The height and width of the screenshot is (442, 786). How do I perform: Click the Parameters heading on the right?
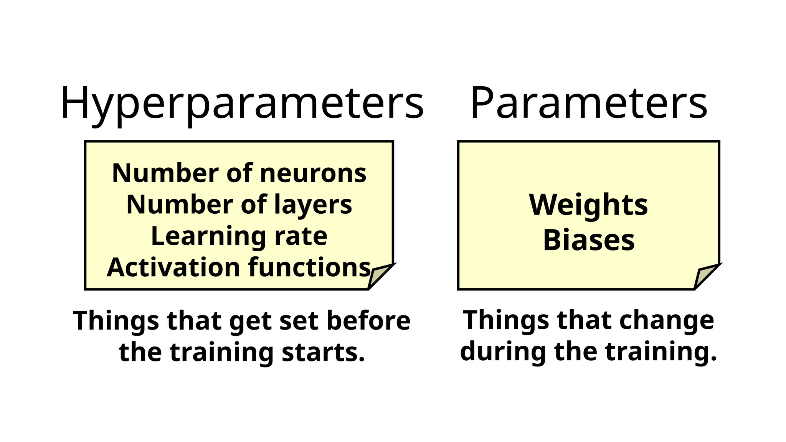[x=589, y=103]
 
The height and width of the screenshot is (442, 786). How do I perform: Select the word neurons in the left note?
[x=313, y=173]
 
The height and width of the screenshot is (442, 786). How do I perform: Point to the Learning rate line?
[x=239, y=236]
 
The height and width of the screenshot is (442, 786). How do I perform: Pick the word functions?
[x=310, y=267]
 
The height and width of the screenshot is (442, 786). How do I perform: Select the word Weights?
[x=588, y=205]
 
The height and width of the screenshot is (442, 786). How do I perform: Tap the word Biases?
[x=589, y=241]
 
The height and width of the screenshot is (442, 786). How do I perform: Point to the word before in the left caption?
[x=368, y=320]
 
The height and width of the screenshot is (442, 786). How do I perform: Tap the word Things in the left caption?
[x=116, y=320]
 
